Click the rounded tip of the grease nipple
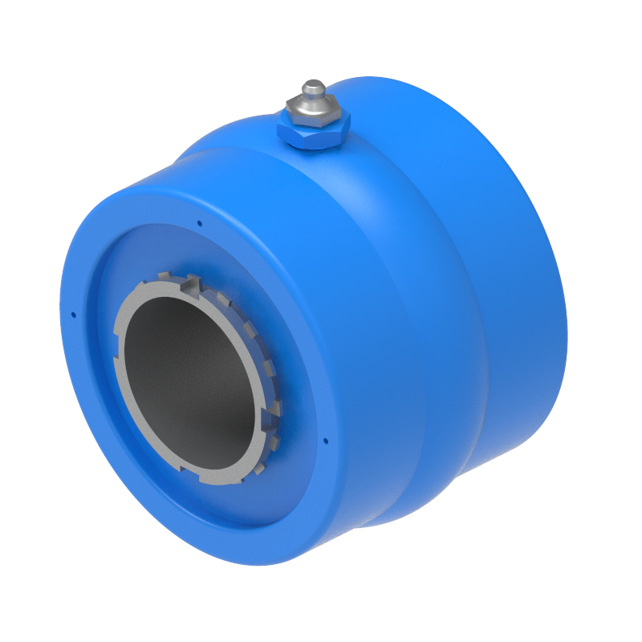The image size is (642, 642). [312, 86]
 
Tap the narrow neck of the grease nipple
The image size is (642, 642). [312, 98]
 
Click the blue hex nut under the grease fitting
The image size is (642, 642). [313, 132]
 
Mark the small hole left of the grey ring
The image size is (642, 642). [73, 315]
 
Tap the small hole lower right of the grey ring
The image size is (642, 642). [325, 440]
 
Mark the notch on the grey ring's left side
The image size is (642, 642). [119, 337]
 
